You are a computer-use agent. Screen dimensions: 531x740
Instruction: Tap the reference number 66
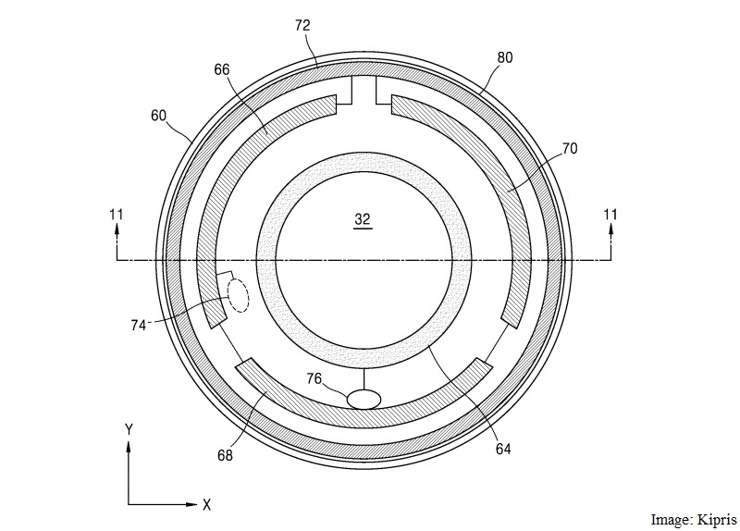pyautogui.click(x=221, y=70)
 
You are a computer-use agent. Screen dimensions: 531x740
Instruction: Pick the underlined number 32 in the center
pyautogui.click(x=362, y=219)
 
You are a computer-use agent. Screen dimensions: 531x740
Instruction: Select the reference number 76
pyautogui.click(x=315, y=378)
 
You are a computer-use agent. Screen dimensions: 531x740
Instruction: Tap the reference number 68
pyautogui.click(x=225, y=455)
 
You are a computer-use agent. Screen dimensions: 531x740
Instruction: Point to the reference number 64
pyautogui.click(x=502, y=450)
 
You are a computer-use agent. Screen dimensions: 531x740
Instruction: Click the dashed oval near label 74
pyautogui.click(x=239, y=297)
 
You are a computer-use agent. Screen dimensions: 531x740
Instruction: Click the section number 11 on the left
pyautogui.click(x=116, y=215)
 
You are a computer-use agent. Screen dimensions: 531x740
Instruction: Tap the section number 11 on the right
pyautogui.click(x=610, y=215)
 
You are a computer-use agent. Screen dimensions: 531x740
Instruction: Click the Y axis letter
pyautogui.click(x=130, y=428)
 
